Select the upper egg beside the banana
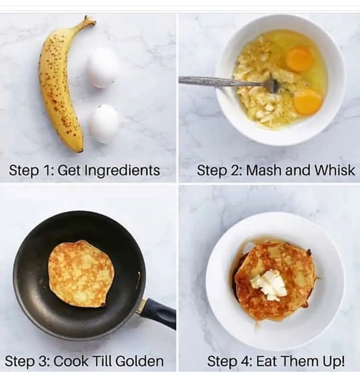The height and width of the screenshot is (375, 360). [102, 67]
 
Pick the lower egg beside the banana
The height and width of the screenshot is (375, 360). [104, 124]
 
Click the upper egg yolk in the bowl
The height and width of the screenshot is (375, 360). [300, 58]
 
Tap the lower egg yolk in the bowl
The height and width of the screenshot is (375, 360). [308, 101]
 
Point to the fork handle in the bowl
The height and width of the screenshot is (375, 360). [220, 81]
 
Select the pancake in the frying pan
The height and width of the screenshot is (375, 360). [81, 273]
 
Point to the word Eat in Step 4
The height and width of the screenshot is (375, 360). [266, 361]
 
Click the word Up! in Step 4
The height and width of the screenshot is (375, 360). [334, 362]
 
